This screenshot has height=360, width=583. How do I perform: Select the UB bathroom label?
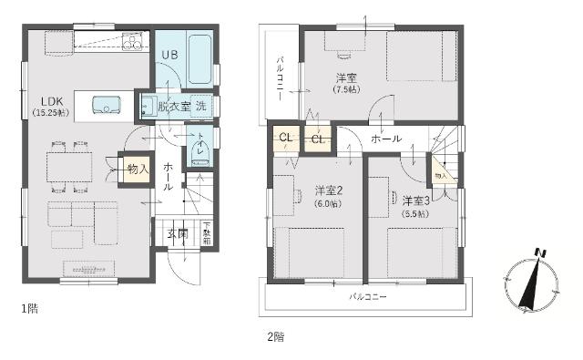coord(170,56)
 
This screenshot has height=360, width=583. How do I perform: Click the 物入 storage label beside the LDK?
coord(138,170)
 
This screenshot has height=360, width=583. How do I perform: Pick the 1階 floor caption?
coord(29,309)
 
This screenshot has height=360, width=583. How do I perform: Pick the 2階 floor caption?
coord(275,335)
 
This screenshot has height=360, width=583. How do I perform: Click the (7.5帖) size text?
coord(345,89)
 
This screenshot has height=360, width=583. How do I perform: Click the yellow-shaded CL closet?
coord(285,139)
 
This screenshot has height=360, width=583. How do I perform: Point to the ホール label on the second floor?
coord(386,139)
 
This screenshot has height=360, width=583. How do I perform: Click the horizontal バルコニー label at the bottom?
coord(368,297)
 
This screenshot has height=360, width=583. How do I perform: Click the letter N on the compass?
coord(539,253)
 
